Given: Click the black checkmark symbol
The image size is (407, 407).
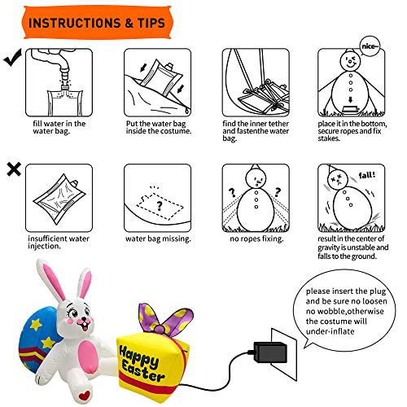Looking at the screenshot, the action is point(12,58).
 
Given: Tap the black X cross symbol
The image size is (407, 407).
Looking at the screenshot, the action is point(14,169).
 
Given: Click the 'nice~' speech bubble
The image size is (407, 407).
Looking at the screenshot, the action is point(370,46).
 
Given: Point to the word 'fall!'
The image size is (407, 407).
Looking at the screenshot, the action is point(367,175).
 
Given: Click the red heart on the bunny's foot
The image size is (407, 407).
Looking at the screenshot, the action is point(85,396).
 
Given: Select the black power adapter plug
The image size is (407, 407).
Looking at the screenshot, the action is point(270,352).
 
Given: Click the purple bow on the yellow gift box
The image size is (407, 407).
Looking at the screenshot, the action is point(164,321).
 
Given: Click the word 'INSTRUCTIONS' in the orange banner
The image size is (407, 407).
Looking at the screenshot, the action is point(74,23).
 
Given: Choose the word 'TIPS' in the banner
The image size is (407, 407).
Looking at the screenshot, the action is point(151,23).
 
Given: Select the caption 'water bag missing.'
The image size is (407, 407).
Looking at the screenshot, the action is point(158,239).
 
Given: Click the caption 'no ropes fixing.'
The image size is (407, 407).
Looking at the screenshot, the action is point(256,239).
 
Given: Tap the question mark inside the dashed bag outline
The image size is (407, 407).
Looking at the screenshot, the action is point(160,206).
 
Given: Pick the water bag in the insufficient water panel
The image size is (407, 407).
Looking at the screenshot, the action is point(59,199).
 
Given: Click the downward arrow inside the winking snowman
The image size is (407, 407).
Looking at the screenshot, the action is point(350,100).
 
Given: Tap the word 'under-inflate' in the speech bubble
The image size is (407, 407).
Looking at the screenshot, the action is point(330,331).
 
